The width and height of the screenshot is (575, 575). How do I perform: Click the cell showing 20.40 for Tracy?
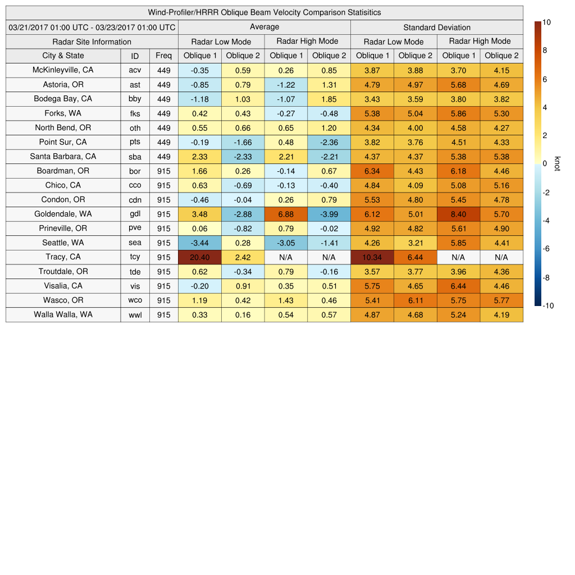coord(199,257)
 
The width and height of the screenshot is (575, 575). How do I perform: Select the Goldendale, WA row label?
coord(63,214)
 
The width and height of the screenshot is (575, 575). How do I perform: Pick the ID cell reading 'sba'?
coord(135,157)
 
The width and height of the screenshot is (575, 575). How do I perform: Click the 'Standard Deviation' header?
coord(437,28)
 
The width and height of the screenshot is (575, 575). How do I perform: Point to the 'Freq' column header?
coord(163,56)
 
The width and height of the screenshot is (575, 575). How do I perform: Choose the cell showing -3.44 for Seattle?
coord(199,243)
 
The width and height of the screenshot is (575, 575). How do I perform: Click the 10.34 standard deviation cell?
coord(372,257)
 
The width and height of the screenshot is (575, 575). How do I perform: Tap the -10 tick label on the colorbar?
coord(549,306)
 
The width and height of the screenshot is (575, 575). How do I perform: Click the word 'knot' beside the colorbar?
coord(557,163)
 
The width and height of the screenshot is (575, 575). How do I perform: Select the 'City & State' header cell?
coord(63,56)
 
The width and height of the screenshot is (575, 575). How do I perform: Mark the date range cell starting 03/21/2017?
coord(92,28)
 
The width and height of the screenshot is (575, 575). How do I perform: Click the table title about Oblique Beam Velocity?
coord(264,12)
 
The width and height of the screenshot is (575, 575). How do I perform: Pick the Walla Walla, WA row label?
coord(63,314)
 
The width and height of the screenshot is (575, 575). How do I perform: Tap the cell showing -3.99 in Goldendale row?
coord(329,214)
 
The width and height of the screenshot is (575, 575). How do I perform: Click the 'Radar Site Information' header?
coord(92,42)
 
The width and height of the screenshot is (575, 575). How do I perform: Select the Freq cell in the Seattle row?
coord(163,243)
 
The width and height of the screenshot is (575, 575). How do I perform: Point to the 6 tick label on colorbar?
coord(545,79)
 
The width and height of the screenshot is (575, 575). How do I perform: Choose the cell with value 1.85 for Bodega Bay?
coord(329,99)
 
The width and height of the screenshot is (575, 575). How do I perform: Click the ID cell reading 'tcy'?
coord(135,257)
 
